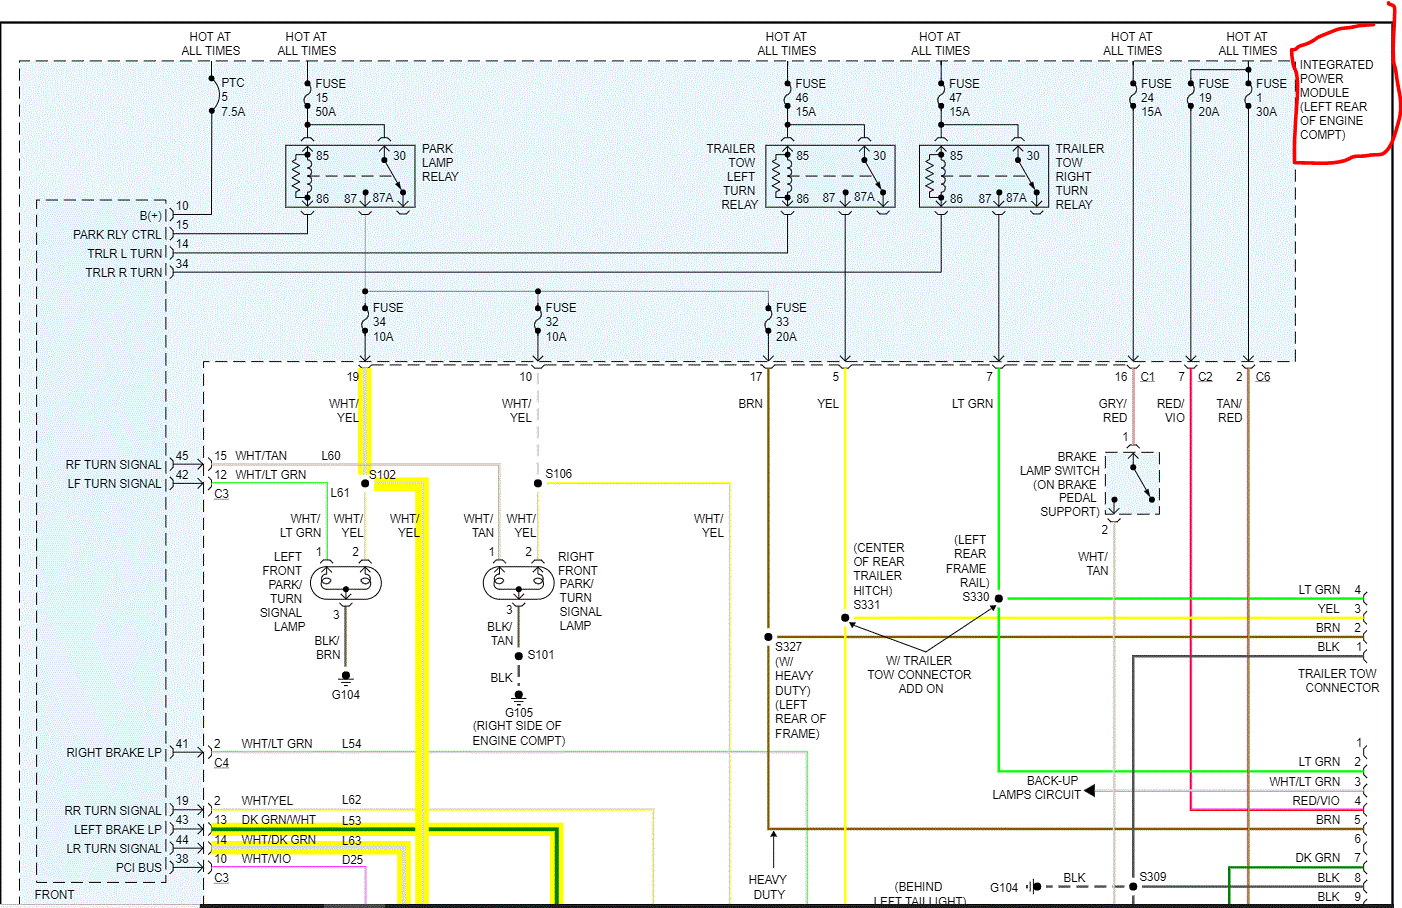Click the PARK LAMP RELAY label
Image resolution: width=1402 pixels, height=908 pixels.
tap(439, 163)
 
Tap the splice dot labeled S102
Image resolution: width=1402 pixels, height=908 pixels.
tap(365, 483)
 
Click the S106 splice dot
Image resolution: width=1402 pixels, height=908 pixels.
tap(538, 483)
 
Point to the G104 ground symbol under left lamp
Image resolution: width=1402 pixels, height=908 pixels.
tap(346, 677)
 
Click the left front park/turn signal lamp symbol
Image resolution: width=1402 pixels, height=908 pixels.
tap(346, 581)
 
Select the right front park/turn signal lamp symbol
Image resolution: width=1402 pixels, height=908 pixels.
tap(518, 581)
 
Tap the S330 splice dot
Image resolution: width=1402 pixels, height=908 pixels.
tap(999, 598)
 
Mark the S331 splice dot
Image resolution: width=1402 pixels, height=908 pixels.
tap(845, 618)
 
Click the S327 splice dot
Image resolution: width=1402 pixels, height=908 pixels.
tap(768, 636)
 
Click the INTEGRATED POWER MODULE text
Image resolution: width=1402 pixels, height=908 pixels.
tap(1335, 99)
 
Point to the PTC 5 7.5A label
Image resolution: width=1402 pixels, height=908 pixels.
tap(232, 98)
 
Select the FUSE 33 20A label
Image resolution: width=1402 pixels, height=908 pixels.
tap(790, 322)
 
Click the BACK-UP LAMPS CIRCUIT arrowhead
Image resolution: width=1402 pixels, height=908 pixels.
tap(1089, 790)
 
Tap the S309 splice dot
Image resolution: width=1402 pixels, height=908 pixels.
tap(1133, 886)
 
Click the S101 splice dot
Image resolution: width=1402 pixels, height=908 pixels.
tap(518, 656)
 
